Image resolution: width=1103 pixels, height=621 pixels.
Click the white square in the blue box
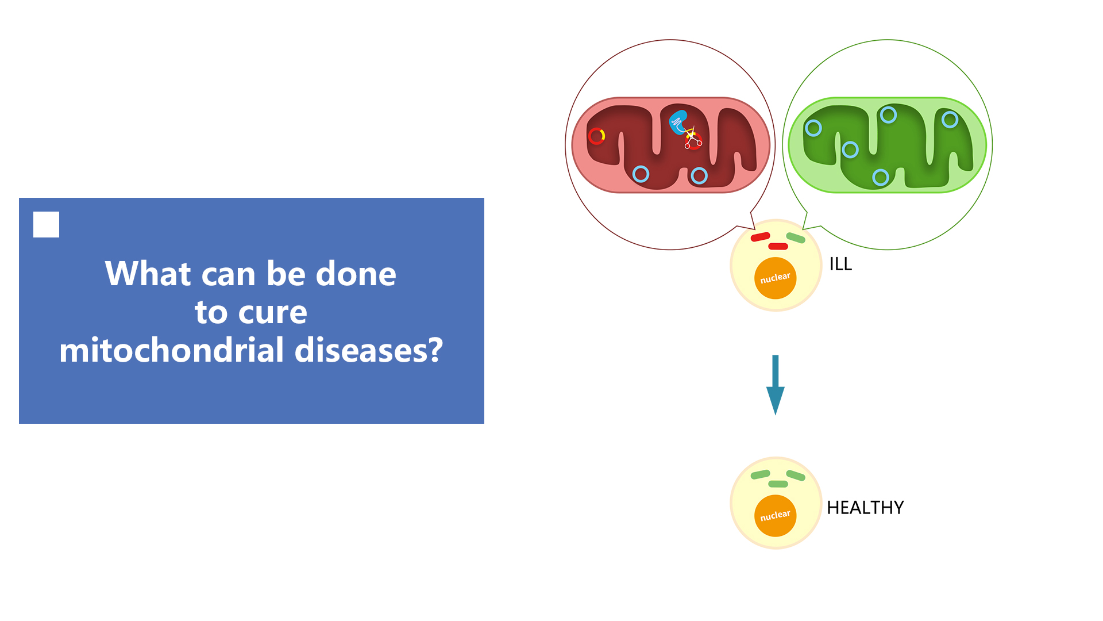(46, 224)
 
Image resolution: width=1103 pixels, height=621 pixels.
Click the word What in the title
(148, 274)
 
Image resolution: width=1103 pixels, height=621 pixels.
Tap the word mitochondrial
(171, 350)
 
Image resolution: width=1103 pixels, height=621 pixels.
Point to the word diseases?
(368, 350)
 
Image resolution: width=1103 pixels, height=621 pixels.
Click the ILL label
(840, 264)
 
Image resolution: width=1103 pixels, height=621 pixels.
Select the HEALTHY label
(865, 508)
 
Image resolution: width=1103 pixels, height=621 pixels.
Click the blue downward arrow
(776, 385)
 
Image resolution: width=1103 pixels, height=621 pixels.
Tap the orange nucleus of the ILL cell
(776, 278)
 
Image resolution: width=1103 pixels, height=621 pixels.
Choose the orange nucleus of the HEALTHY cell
(776, 516)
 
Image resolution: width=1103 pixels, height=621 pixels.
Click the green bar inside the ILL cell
(796, 238)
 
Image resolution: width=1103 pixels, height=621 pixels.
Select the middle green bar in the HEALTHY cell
(778, 484)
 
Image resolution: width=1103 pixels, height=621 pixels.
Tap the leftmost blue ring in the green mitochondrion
(813, 128)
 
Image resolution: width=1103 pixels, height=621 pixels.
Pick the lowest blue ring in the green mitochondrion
(881, 177)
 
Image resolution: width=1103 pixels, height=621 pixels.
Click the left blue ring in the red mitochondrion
(641, 174)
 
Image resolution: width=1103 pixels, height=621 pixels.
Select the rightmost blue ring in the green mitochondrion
(950, 120)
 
